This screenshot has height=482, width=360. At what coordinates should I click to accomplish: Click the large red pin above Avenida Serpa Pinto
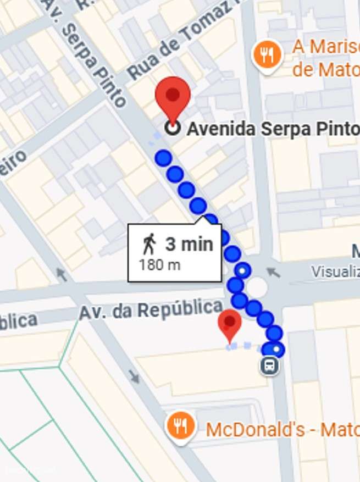point(173,97)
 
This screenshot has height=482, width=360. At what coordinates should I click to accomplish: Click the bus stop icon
point(269,365)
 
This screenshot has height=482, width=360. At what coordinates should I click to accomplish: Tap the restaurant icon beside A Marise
point(267,55)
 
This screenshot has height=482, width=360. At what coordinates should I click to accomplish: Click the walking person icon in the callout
point(149,243)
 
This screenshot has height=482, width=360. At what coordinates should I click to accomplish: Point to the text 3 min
point(189,243)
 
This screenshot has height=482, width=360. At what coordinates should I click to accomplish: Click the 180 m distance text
point(159,265)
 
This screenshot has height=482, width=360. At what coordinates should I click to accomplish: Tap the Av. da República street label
point(151,311)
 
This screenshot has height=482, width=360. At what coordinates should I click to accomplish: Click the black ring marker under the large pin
point(173,128)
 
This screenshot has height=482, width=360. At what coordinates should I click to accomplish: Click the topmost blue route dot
point(163,158)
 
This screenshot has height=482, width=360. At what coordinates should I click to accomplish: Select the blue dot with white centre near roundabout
point(243,270)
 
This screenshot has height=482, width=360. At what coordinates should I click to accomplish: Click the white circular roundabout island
point(256,287)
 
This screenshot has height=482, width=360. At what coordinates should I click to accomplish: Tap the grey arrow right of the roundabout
point(273,272)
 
